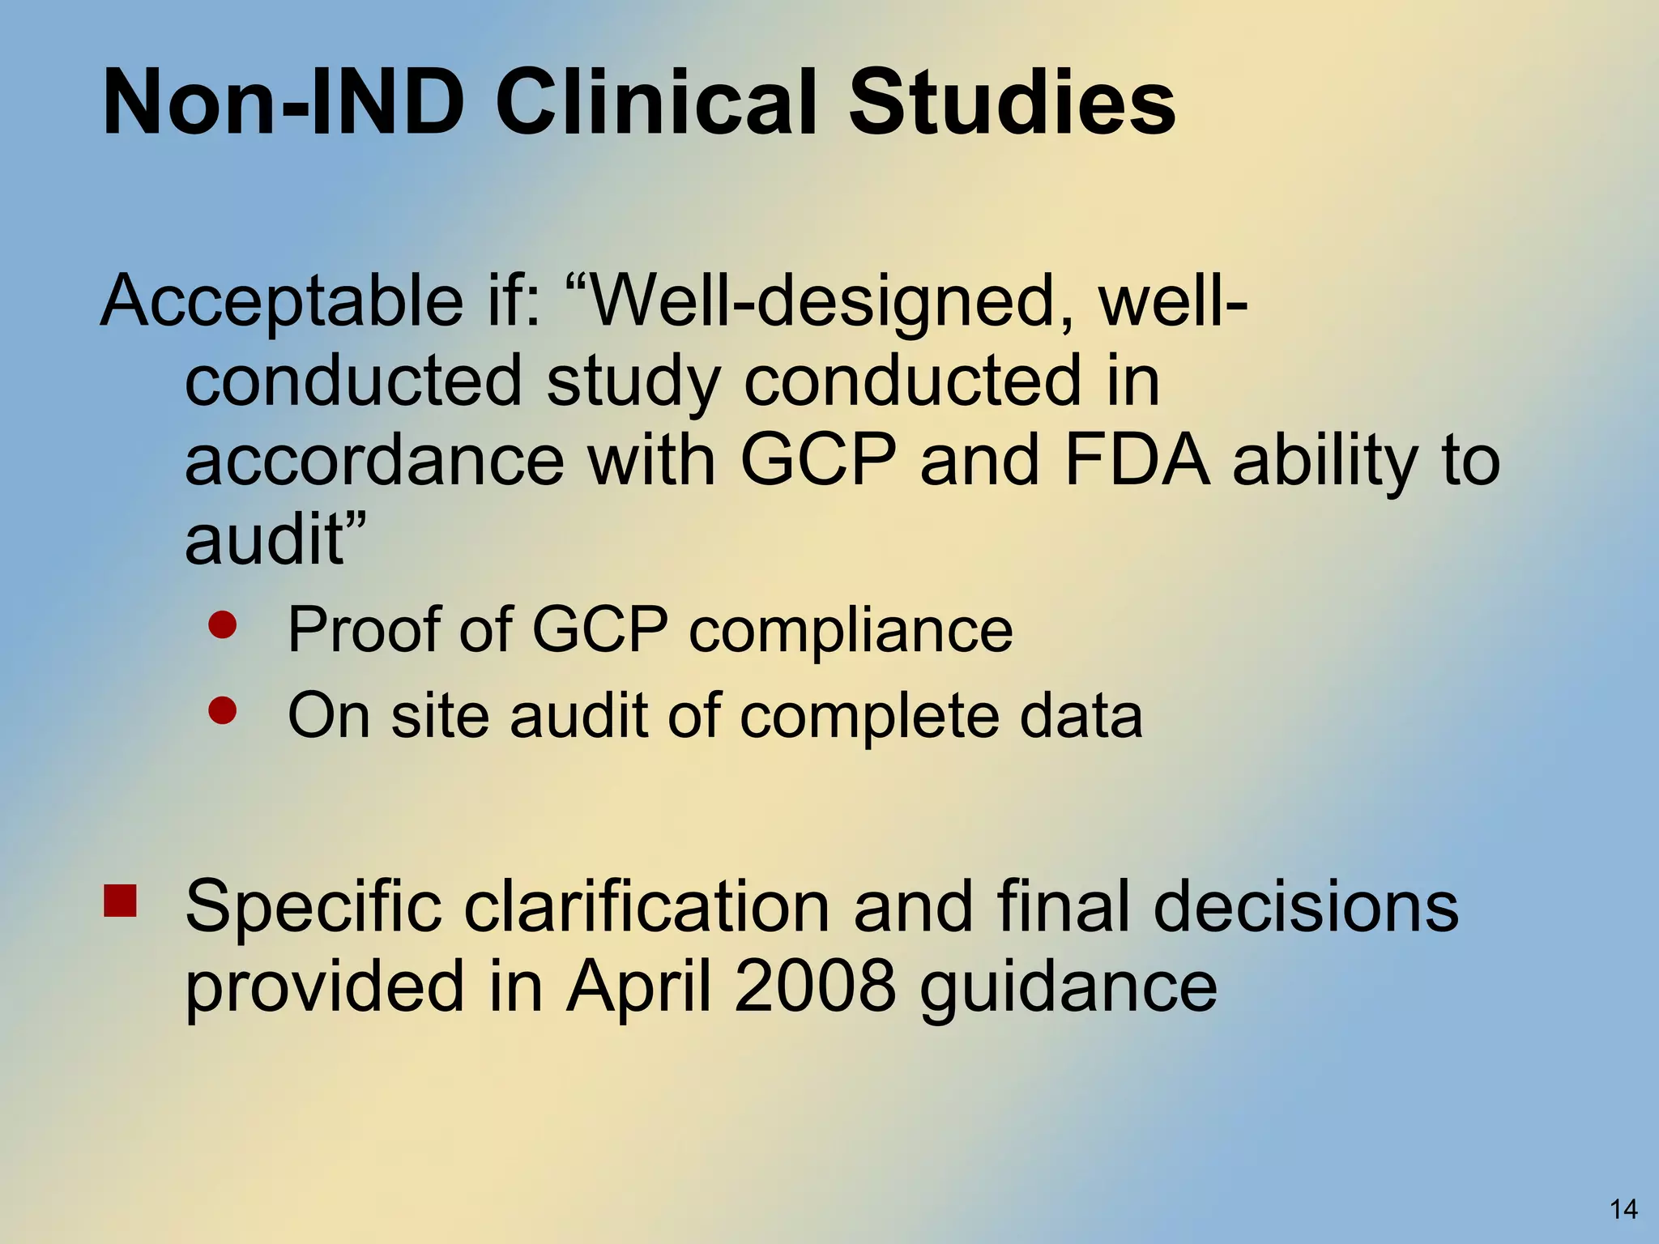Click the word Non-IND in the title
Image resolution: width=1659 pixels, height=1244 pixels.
284,104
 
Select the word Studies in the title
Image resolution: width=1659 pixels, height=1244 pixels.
1013,104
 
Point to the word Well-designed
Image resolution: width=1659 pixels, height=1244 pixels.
818,301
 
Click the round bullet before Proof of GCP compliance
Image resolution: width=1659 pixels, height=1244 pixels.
222,624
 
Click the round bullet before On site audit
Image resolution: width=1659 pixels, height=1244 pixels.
222,710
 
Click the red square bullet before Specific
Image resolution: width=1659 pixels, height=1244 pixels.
120,900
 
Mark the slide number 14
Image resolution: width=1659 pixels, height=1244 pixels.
1623,1209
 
